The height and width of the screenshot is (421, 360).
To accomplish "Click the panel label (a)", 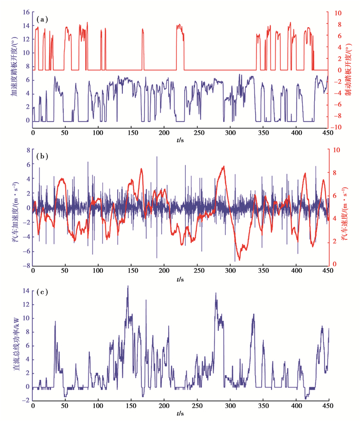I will (x=42, y=19).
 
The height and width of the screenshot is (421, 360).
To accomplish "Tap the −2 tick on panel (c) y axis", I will (x=25, y=399).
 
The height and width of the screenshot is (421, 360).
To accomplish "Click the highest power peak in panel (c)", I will (x=128, y=286).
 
